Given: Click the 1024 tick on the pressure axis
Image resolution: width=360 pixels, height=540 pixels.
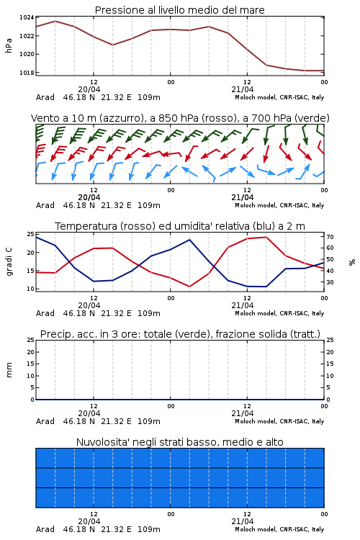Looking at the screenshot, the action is tap(26, 17).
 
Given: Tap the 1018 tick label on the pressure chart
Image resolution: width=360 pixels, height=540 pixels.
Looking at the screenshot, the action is tap(26, 73).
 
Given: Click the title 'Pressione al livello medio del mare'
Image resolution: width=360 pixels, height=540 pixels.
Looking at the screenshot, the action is tap(180, 10).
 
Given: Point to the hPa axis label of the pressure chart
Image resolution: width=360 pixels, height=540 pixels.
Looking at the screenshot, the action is tap(9, 45).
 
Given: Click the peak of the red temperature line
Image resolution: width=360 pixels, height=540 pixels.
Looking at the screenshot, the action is tap(266, 237).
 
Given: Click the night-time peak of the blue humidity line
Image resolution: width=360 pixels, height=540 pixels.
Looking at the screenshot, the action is tap(189, 240).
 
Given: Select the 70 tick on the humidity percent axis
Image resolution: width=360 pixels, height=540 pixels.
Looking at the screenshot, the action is tap(330, 237).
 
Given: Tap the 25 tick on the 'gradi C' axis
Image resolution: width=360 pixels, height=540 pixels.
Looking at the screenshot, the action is tap(31, 234).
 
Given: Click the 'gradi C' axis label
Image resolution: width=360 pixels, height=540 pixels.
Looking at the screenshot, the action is tap(9, 261).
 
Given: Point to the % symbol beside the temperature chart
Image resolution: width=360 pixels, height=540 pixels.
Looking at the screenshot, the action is tap(352, 262).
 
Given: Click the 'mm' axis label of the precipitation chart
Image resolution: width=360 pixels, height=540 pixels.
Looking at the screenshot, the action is tap(9, 370).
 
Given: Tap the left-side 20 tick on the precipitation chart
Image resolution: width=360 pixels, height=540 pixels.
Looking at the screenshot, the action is tap(31, 352).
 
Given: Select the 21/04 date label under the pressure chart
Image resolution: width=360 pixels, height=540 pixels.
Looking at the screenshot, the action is tap(243, 89).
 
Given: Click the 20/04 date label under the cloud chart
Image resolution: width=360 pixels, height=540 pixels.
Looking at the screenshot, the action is tap(89, 521).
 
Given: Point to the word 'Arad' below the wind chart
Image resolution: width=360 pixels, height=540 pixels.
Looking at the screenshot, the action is tap(45, 205).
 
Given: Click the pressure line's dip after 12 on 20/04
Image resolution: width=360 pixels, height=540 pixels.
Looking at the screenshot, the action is tap(112, 45).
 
